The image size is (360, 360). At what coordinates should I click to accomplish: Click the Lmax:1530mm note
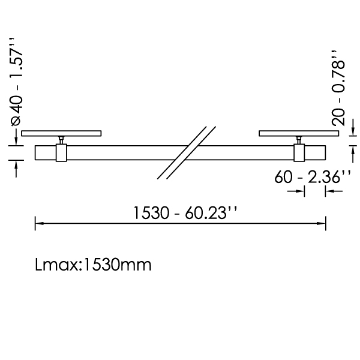(x=93, y=265)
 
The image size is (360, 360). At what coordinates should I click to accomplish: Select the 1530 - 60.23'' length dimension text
(x=185, y=213)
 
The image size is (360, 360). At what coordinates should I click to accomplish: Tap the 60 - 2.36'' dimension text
(x=313, y=177)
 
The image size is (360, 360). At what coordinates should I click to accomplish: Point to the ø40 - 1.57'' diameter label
(x=17, y=82)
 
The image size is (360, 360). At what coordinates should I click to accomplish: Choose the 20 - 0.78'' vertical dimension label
(x=338, y=88)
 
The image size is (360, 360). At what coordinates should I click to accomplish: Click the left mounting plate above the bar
(x=61, y=133)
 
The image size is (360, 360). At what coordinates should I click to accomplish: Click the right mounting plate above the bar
(x=299, y=133)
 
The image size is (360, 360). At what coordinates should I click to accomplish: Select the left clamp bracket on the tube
(x=61, y=152)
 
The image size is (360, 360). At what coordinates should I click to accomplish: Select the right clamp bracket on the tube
(x=299, y=152)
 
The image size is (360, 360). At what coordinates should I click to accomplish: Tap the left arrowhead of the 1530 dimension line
(x=39, y=223)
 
